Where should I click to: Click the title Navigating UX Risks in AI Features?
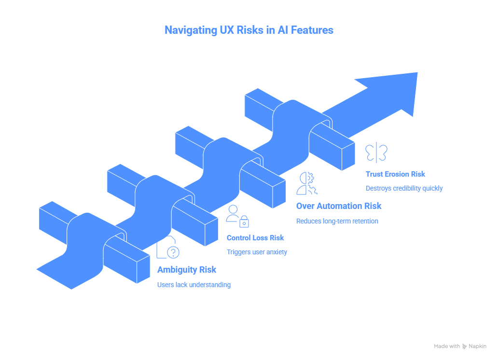[249, 30]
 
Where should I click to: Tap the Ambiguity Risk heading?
[187, 270]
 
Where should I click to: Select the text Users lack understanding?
[194, 285]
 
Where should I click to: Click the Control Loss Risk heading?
[255, 237]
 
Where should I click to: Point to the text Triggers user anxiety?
[257, 252]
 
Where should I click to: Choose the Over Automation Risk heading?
[338, 206]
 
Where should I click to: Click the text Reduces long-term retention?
[336, 221]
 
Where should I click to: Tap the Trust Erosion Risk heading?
[395, 174]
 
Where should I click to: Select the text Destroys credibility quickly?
[404, 188]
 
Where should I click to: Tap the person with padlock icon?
[237, 216]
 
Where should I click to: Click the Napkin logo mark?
[465, 346]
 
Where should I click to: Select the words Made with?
[446, 346]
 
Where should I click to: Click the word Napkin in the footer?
[478, 346]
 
